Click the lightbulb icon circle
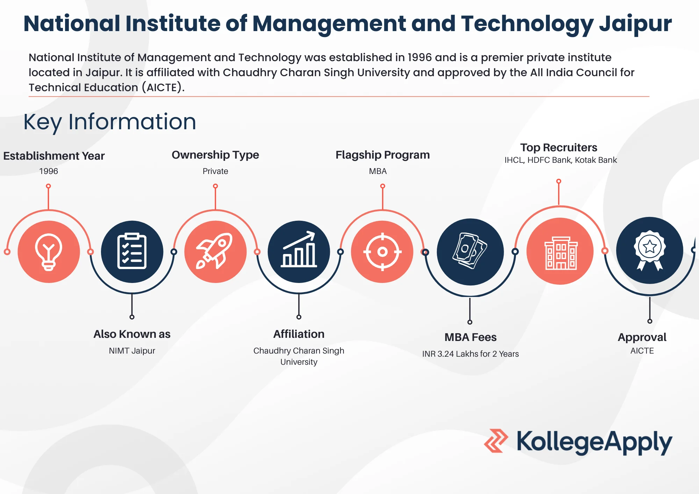click(x=49, y=252)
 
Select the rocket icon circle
click(x=215, y=252)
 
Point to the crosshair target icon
click(x=382, y=252)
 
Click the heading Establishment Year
click(x=54, y=156)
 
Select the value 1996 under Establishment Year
click(x=49, y=171)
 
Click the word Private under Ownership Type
click(x=215, y=171)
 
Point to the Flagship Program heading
click(x=383, y=155)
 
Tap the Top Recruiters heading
click(x=559, y=147)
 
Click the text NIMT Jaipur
click(x=132, y=351)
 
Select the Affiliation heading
click(x=299, y=334)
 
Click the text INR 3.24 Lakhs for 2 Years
click(x=470, y=354)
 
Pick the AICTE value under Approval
click(x=642, y=351)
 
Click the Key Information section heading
click(x=110, y=122)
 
